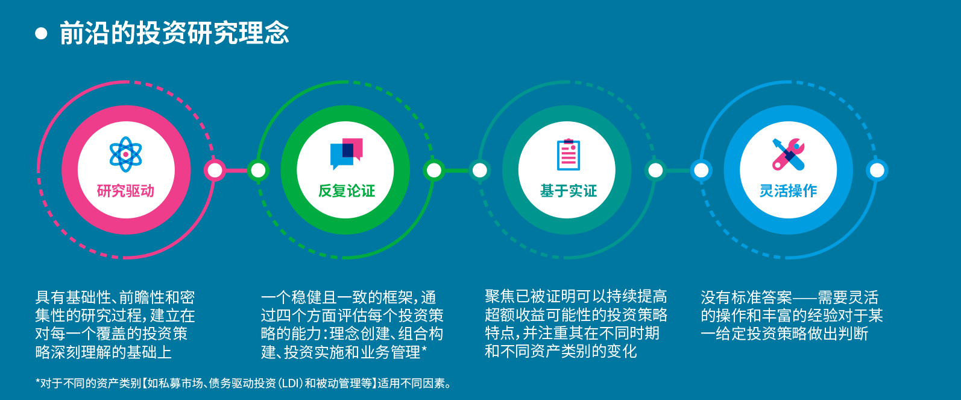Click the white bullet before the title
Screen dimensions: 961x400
tap(41, 33)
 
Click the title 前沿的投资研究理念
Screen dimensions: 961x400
tap(174, 33)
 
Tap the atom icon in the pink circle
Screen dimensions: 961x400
tap(125, 154)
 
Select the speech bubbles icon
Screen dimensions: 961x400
tap(347, 153)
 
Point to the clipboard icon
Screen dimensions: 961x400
tap(569, 154)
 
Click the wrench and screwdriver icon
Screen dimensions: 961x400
tap(789, 154)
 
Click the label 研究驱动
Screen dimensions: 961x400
tap(126, 191)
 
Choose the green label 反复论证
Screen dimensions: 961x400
tap(347, 191)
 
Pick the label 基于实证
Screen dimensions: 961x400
tap(569, 191)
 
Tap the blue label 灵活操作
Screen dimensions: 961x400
tap(789, 191)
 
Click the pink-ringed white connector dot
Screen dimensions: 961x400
tap(215, 170)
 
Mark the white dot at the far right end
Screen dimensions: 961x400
tap(877, 170)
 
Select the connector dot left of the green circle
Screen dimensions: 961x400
tap(258, 170)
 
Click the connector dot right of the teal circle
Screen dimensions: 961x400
tap(655, 170)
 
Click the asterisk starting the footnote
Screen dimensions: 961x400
tap(38, 381)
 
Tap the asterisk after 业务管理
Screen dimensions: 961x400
tap(424, 349)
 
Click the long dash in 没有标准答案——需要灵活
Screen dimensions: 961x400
tap(805, 297)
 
